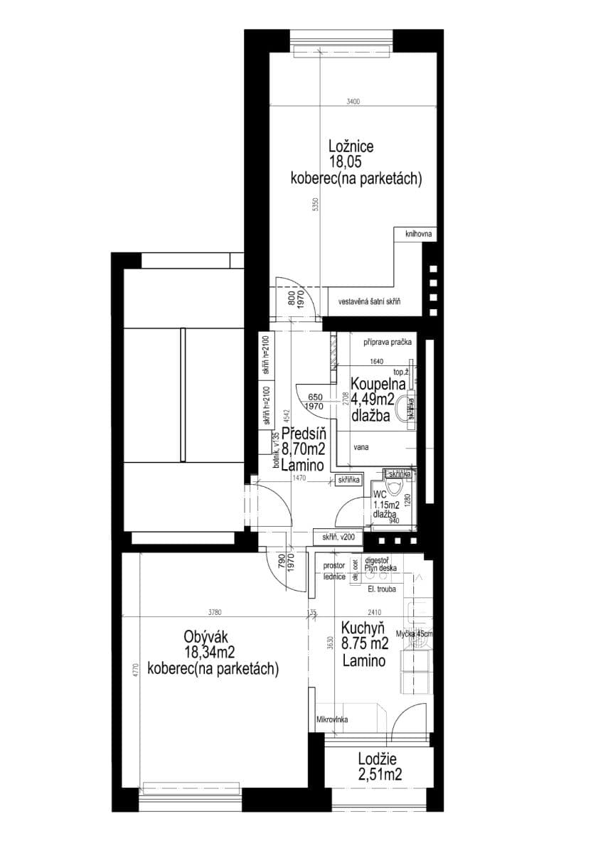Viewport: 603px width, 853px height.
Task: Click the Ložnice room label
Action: click(351, 146)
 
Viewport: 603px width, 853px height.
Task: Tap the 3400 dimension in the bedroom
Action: click(353, 102)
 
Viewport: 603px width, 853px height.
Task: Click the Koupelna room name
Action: click(377, 385)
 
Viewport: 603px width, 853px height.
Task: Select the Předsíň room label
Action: click(304, 434)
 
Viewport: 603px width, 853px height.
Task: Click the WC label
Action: click(380, 493)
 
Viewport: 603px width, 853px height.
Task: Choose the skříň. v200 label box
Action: click(338, 537)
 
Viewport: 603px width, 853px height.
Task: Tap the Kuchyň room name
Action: click(363, 628)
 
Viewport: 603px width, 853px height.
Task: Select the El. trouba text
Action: click(382, 589)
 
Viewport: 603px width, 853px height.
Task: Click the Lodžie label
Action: click(379, 758)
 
